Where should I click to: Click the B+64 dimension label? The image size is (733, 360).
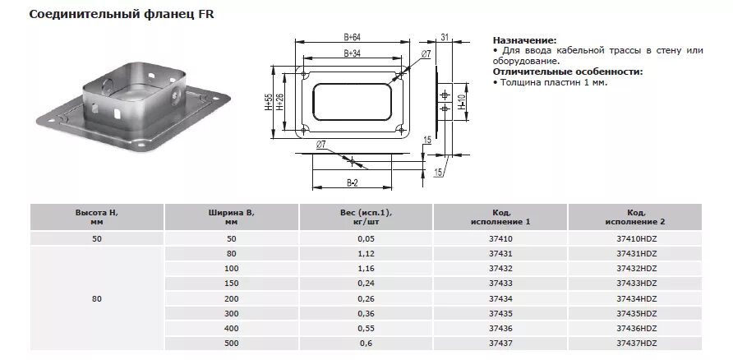(x=351, y=38)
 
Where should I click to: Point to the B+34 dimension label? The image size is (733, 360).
(x=351, y=53)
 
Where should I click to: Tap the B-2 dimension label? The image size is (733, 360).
(x=351, y=182)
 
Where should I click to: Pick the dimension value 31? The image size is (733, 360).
(x=444, y=37)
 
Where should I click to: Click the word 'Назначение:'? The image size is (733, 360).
(x=524, y=40)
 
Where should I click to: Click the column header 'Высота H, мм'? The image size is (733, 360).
(x=97, y=217)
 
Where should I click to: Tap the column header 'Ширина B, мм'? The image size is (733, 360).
(x=231, y=217)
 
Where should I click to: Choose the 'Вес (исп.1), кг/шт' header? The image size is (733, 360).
(x=366, y=217)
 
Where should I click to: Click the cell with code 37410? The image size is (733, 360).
(x=500, y=238)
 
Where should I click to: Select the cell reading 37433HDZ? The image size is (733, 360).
(x=636, y=283)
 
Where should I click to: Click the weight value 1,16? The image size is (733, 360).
(x=366, y=268)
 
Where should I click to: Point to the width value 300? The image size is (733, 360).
(x=231, y=312)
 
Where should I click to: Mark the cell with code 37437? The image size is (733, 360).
(x=500, y=342)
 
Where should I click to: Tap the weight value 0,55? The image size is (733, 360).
(x=366, y=327)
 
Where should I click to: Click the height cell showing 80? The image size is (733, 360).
(x=97, y=298)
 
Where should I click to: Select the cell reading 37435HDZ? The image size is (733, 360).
(x=636, y=312)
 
